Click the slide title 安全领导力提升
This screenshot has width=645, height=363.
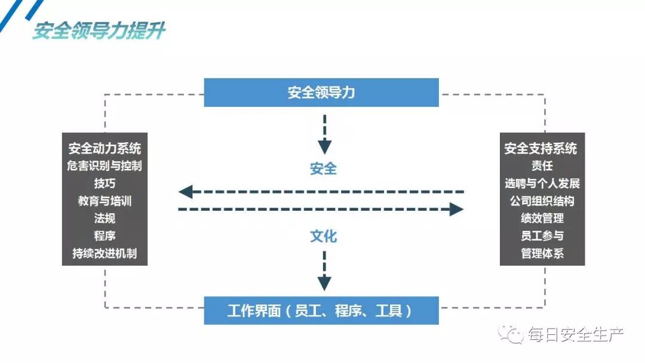(99, 30)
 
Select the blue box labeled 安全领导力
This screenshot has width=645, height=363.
(321, 93)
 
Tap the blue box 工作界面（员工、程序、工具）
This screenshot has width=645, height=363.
(321, 311)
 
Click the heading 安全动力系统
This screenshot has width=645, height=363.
(105, 148)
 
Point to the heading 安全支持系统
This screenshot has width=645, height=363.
(541, 148)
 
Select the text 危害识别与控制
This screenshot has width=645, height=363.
(105, 165)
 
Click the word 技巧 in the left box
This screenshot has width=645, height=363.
(105, 183)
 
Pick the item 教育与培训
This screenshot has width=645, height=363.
(105, 201)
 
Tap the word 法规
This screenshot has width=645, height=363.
(105, 218)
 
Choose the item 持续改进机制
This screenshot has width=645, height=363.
(105, 253)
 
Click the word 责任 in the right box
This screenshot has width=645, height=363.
(542, 166)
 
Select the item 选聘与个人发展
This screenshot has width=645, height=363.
(542, 183)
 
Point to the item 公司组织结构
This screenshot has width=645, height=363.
(542, 201)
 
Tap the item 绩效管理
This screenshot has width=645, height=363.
(542, 218)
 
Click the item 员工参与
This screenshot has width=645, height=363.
(542, 236)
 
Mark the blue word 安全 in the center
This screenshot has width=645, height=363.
(323, 169)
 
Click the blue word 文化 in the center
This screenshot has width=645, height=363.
(323, 236)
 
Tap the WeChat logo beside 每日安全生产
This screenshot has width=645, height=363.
(512, 334)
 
